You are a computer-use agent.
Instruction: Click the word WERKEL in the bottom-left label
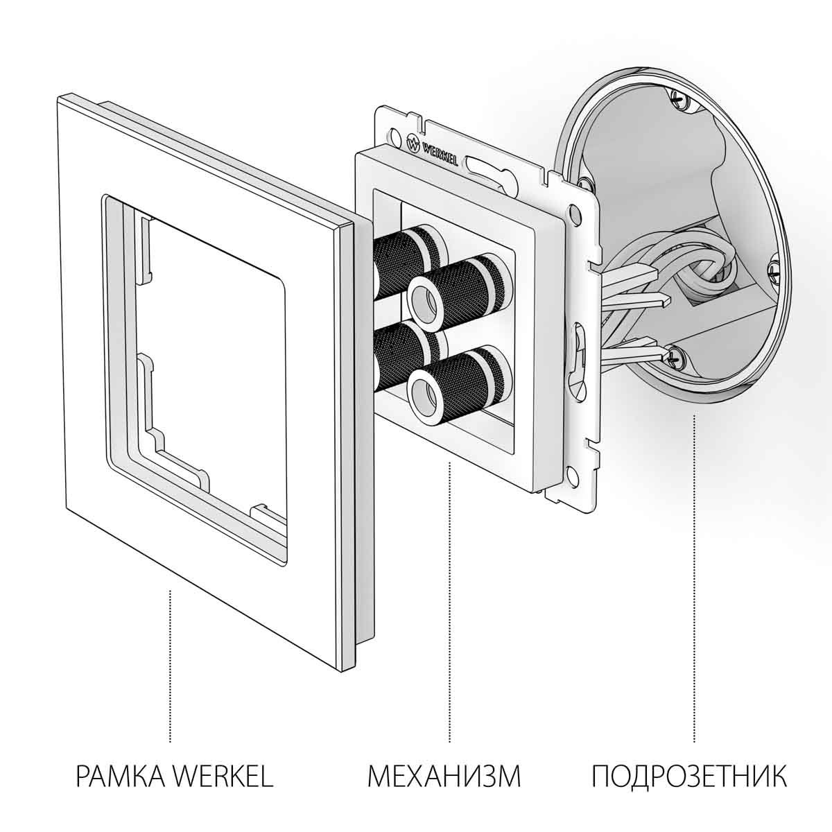[x=223, y=776]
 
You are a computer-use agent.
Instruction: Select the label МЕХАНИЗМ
[x=444, y=776]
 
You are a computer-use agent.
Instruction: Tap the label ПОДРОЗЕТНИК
[x=689, y=776]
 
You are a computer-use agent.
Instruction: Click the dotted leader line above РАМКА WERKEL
[x=171, y=666]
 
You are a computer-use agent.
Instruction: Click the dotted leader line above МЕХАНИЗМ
[x=450, y=596]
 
